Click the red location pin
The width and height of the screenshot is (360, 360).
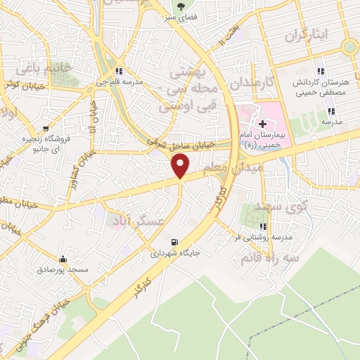tap(181, 165)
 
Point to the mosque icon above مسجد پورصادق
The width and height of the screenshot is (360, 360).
tap(63, 259)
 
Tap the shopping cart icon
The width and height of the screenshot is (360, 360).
tap(46, 129)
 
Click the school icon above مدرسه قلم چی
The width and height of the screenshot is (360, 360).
tap(120, 71)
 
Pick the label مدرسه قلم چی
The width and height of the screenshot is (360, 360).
tap(120, 81)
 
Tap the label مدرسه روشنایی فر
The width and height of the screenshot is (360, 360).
tap(262, 237)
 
